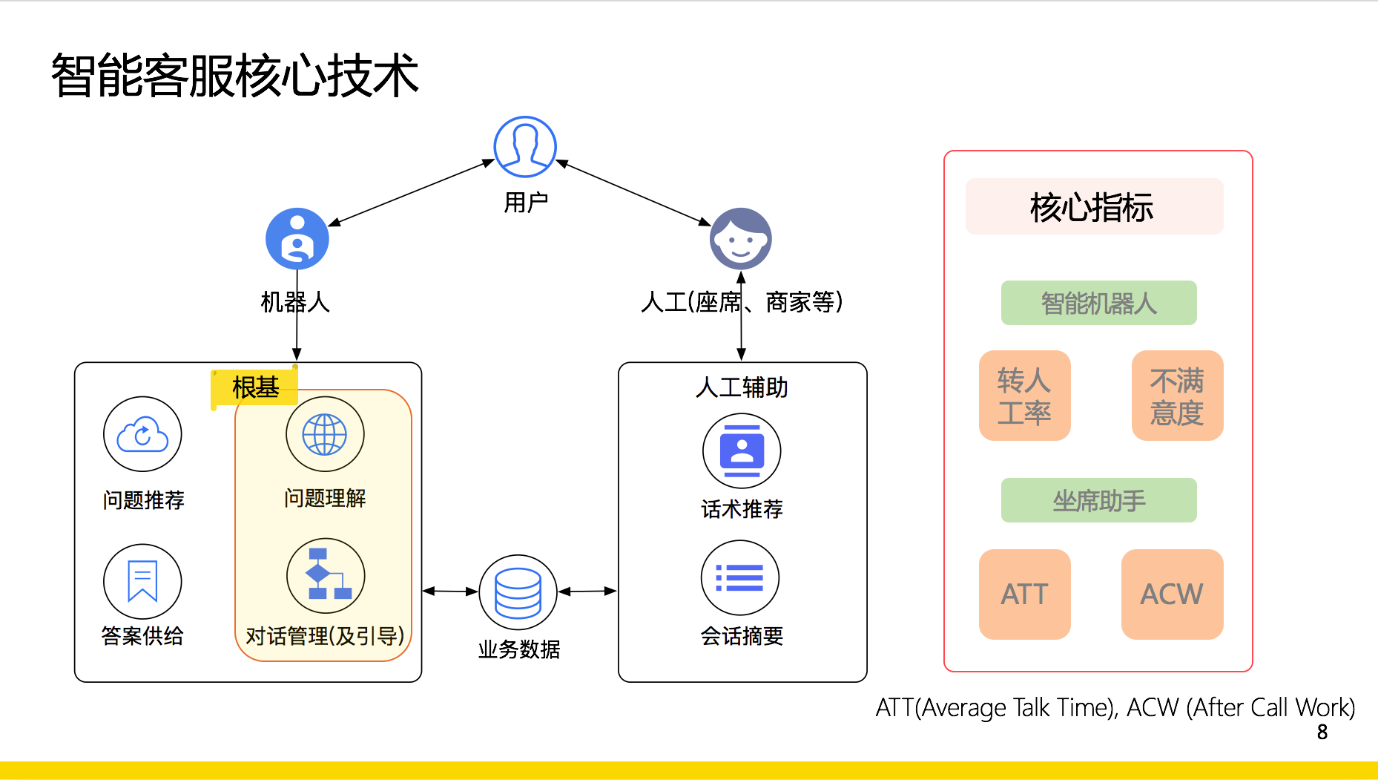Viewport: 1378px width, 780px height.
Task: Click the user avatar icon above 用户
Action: click(x=525, y=147)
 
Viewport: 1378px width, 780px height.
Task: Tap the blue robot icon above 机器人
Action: click(x=297, y=239)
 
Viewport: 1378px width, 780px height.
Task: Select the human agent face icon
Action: click(x=740, y=239)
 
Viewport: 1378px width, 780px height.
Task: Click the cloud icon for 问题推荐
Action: click(x=142, y=434)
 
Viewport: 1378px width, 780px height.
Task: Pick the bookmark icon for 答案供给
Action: click(x=142, y=581)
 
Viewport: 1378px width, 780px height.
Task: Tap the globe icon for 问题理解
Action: click(x=325, y=434)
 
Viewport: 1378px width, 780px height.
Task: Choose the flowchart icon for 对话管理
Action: click(x=326, y=575)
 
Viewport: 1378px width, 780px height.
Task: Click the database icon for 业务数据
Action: click(x=518, y=592)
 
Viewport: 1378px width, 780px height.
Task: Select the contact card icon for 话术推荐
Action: click(x=742, y=450)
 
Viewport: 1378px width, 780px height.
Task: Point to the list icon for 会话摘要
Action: click(x=740, y=578)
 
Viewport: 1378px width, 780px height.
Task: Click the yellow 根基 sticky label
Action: click(x=254, y=387)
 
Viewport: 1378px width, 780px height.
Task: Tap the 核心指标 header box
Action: click(x=1094, y=206)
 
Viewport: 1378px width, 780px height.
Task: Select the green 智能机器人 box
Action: click(x=1098, y=303)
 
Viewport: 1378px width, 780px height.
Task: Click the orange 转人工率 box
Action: click(x=1024, y=396)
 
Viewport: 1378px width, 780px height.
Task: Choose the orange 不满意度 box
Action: click(x=1177, y=396)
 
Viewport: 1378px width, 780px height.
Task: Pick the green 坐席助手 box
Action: click(x=1098, y=500)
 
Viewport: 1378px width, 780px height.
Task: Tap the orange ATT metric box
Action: click(x=1024, y=594)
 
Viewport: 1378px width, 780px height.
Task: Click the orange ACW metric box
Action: click(x=1172, y=594)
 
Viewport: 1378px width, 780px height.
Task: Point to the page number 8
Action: click(x=1322, y=733)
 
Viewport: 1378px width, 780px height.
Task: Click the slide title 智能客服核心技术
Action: click(x=235, y=76)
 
